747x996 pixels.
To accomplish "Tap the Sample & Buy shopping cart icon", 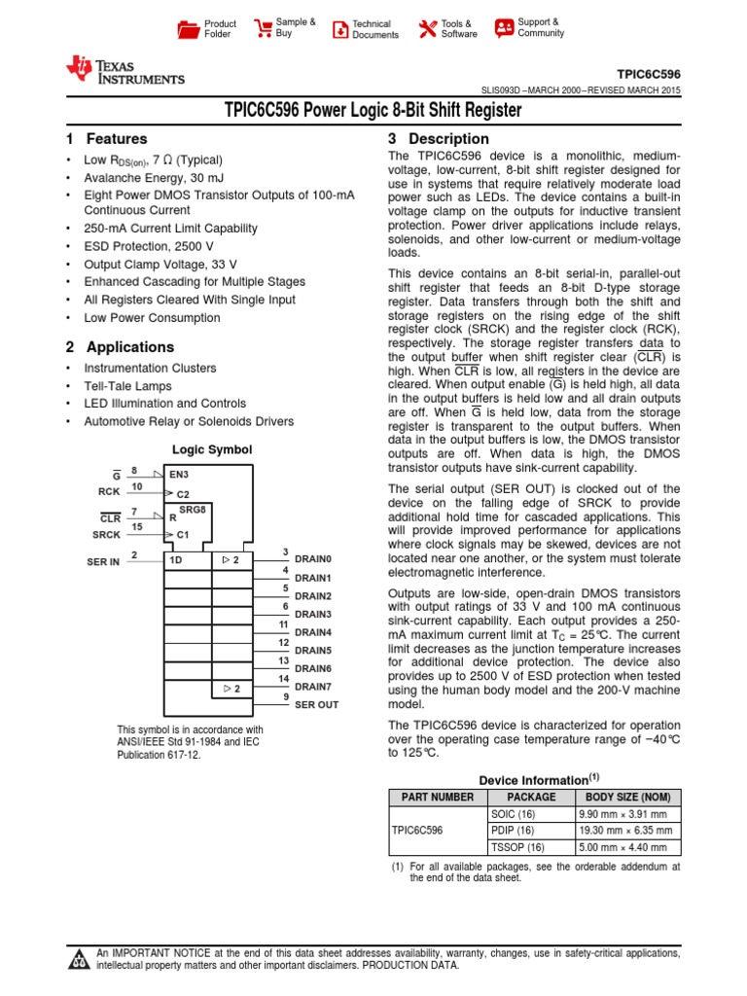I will pyautogui.click(x=263, y=28).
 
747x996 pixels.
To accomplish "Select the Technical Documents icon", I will pyautogui.click(x=339, y=29).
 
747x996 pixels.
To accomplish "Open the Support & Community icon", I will pyautogui.click(x=504, y=28).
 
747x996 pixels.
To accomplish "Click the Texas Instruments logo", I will pyautogui.click(x=124, y=70).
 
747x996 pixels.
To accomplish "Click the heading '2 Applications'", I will pyautogui.click(x=120, y=347).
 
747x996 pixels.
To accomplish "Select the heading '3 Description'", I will pyautogui.click(x=439, y=139).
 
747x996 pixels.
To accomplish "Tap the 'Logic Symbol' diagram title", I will pyautogui.click(x=212, y=449).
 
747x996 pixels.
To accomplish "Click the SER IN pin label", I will pyautogui.click(x=102, y=562).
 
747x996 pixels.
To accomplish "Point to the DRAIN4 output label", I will pyautogui.click(x=313, y=632).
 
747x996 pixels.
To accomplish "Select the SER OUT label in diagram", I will pyautogui.click(x=316, y=704).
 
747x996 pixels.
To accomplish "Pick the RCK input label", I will pyautogui.click(x=108, y=491).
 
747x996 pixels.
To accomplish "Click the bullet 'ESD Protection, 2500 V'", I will pyautogui.click(x=144, y=246).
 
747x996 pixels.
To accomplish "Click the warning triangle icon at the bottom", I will pyautogui.click(x=79, y=961).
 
